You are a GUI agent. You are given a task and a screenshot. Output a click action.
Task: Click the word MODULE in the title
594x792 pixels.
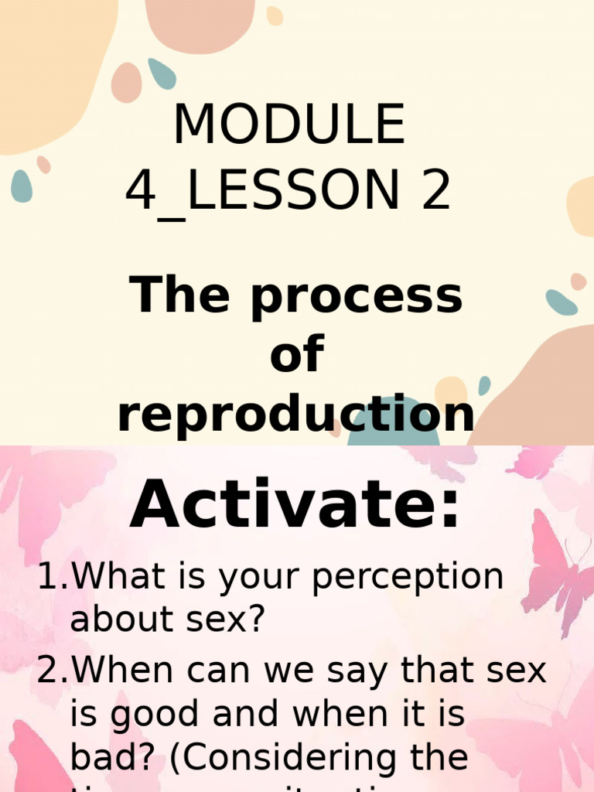[x=288, y=125]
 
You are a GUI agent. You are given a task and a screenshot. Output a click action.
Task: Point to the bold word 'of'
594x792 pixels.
[x=296, y=355]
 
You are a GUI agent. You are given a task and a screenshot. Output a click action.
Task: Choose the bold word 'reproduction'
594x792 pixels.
[x=295, y=412]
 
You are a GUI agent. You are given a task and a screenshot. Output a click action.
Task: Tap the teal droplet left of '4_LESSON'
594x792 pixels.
[x=22, y=186]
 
